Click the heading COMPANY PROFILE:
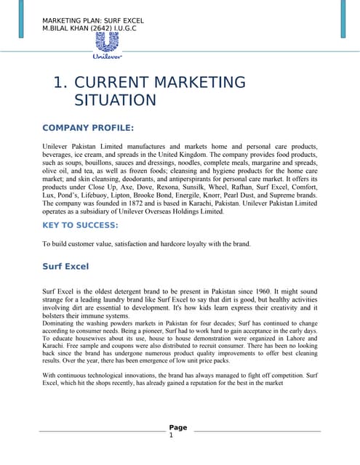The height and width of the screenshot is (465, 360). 88,128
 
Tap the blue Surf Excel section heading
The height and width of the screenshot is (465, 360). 65,267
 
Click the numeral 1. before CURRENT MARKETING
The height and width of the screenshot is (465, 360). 61,82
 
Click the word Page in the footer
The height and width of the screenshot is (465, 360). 178,427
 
